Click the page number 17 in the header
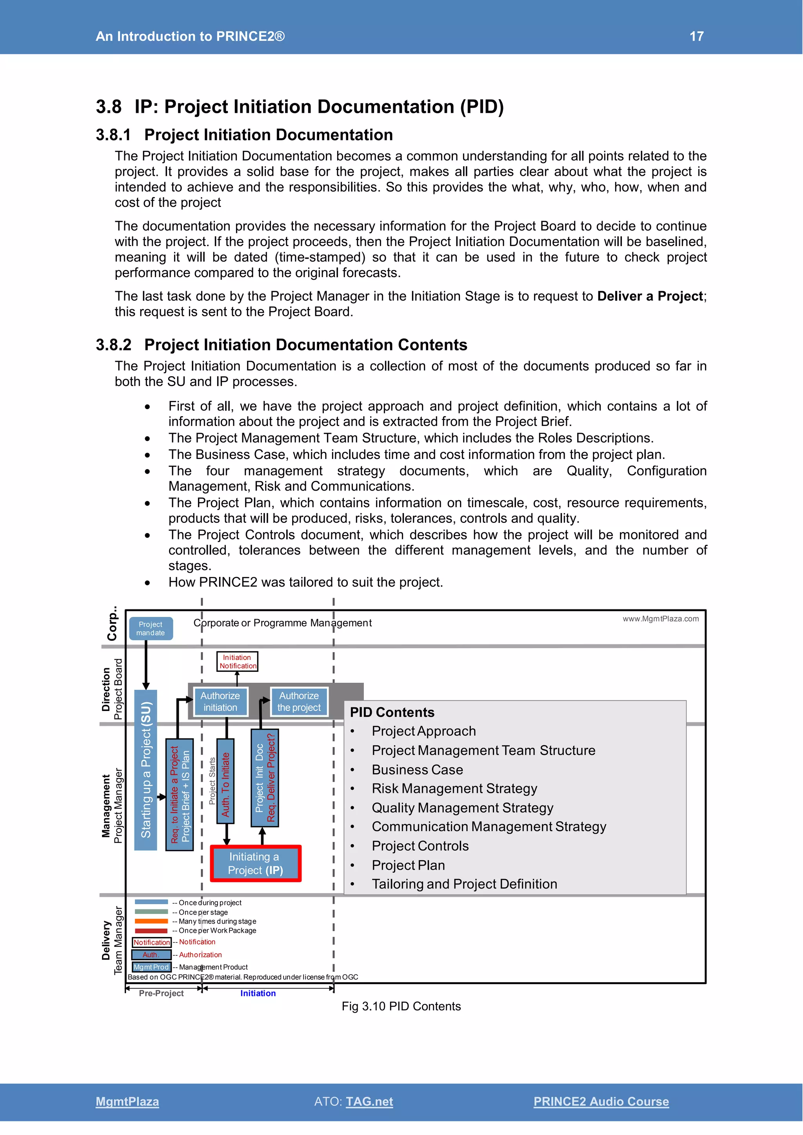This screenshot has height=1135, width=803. pyautogui.click(x=696, y=36)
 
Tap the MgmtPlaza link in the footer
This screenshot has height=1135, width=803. pyautogui.click(x=127, y=1101)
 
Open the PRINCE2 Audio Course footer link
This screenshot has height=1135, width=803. pyautogui.click(x=601, y=1101)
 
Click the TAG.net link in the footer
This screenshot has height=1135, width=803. pyautogui.click(x=369, y=1101)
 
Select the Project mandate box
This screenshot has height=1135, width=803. pyautogui.click(x=151, y=628)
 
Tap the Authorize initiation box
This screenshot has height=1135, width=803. pyautogui.click(x=220, y=702)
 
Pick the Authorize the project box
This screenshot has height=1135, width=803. pyautogui.click(x=299, y=702)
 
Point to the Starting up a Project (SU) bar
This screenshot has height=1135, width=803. pyautogui.click(x=146, y=770)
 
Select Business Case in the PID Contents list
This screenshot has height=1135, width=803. pyautogui.click(x=417, y=770)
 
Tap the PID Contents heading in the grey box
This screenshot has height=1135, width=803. pyautogui.click(x=392, y=713)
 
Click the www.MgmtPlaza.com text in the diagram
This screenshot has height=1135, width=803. pyautogui.click(x=661, y=618)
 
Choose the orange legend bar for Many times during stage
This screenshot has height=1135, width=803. pyautogui.click(x=151, y=921)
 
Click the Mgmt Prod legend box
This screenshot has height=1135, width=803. pyautogui.click(x=151, y=967)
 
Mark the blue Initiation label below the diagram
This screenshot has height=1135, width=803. pyautogui.click(x=258, y=993)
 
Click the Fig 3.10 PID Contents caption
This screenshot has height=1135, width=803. pyautogui.click(x=401, y=1006)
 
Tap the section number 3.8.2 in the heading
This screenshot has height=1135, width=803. pyautogui.click(x=114, y=344)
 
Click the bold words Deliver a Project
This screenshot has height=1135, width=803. pyautogui.click(x=650, y=296)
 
